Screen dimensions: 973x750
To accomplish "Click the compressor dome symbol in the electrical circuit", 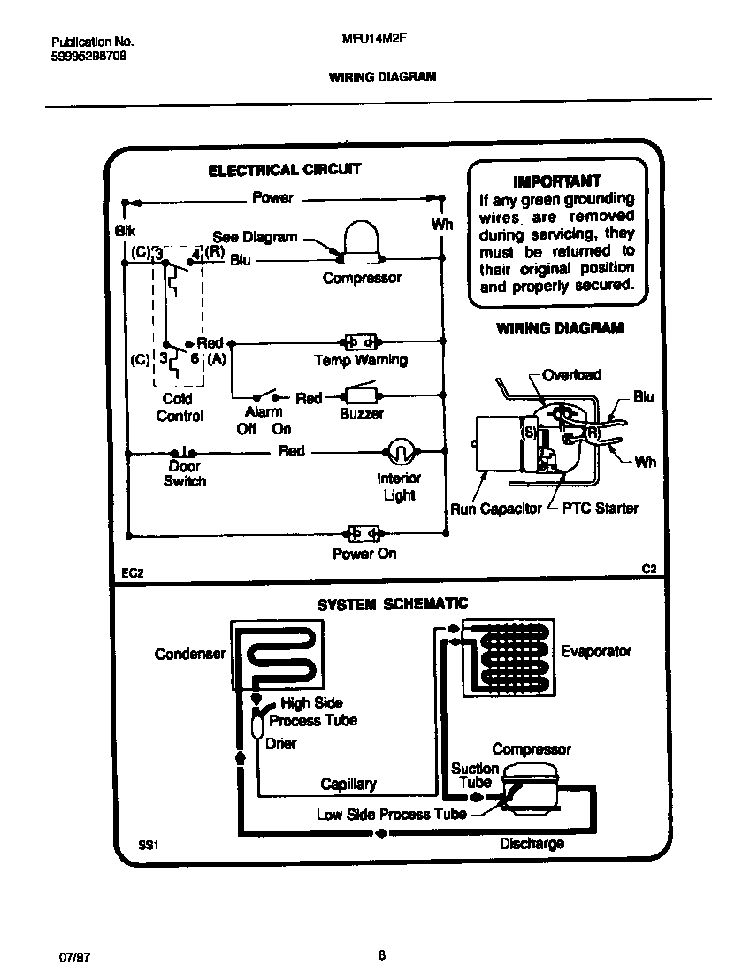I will click(x=361, y=241).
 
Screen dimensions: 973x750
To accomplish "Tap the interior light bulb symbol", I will click(x=399, y=451).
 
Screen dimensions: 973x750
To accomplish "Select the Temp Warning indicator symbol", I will click(x=360, y=341).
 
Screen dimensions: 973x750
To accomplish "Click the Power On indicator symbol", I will click(x=362, y=533).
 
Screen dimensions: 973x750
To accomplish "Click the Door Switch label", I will click(x=185, y=473).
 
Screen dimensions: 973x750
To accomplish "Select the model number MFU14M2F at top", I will click(x=366, y=41).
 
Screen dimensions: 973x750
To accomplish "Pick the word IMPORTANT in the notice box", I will click(x=557, y=180).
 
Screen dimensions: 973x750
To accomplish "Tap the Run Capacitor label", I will click(x=495, y=509).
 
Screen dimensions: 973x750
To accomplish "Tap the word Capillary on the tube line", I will click(x=348, y=784).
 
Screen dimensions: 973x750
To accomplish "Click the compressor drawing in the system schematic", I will click(x=529, y=786).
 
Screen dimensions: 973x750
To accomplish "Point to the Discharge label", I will click(x=532, y=843).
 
